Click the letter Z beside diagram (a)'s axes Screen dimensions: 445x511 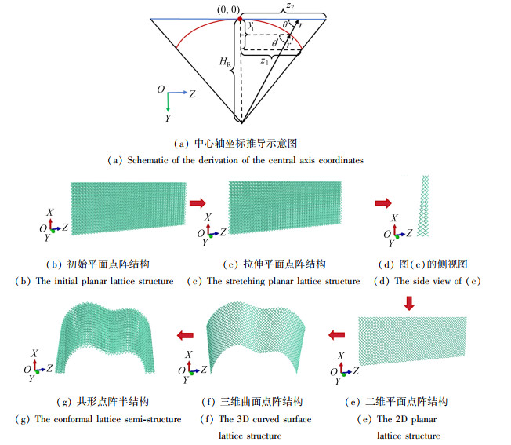click(192, 93)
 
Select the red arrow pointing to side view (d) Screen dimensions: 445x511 click(383, 203)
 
